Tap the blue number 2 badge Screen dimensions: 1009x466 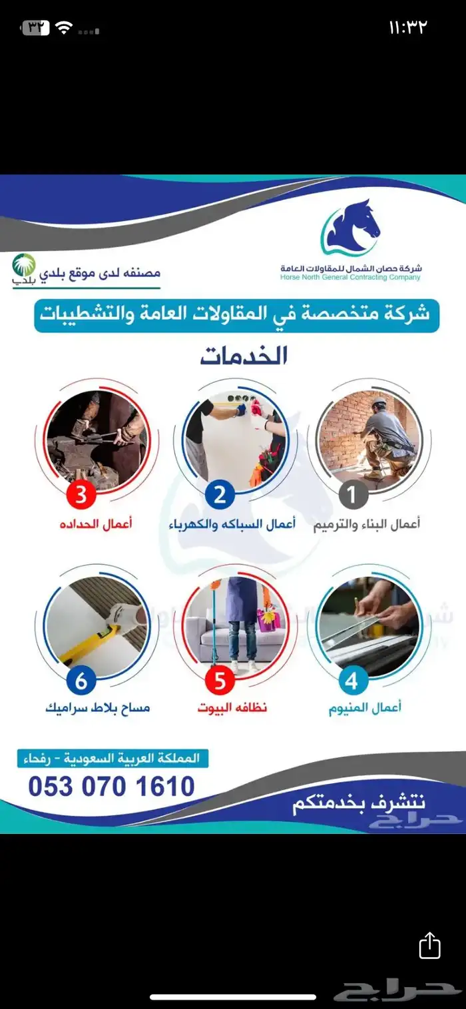click(220, 496)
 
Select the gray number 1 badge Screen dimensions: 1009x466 click(352, 496)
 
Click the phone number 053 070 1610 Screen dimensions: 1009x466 click(111, 786)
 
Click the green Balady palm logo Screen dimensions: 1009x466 click(24, 268)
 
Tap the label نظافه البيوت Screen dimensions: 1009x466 click(232, 708)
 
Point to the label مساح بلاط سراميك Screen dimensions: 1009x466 click(97, 708)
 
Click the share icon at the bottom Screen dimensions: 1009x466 click(430, 945)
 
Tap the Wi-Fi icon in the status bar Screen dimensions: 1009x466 click(64, 28)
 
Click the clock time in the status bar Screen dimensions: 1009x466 click(407, 27)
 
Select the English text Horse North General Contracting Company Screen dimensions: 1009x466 click(350, 278)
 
